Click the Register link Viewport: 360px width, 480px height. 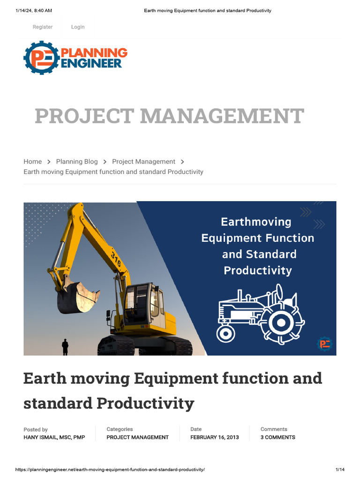[43, 27]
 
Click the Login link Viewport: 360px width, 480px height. [78, 27]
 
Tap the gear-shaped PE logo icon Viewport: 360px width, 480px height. [41, 58]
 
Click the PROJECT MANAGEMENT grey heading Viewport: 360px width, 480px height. [169, 116]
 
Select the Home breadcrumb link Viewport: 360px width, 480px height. [33, 162]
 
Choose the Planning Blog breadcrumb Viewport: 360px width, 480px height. [77, 162]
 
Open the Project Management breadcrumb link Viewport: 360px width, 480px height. [143, 162]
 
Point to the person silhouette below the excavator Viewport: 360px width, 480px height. [65, 347]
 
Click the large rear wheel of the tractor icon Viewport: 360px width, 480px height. [281, 322]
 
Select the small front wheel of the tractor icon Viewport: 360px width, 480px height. [225, 333]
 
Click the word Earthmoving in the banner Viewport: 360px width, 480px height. [256, 222]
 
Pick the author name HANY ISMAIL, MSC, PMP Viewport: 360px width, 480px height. [54, 437]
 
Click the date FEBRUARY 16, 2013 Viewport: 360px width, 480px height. [214, 437]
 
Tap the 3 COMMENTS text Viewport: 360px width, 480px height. [278, 437]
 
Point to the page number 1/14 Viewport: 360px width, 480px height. [340, 470]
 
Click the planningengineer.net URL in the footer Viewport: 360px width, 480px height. [110, 470]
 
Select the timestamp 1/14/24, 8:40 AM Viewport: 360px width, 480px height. [34, 10]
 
